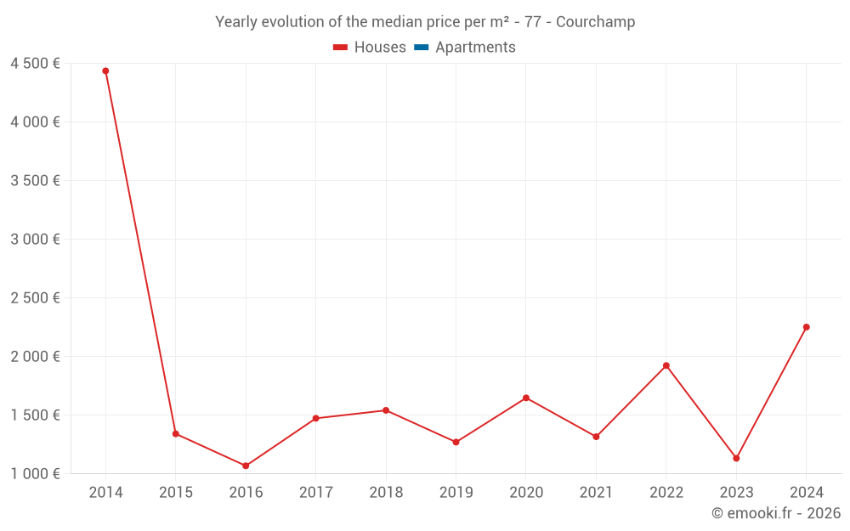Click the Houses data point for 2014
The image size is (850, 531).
tap(105, 71)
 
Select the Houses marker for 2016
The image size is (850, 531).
tap(246, 466)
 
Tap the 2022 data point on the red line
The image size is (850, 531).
tap(666, 365)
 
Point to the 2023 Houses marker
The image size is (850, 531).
tap(736, 458)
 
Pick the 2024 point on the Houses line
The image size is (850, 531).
tap(807, 327)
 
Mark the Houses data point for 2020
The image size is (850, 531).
tap(526, 398)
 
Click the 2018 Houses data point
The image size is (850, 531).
tap(386, 410)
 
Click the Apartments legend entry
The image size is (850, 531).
tap(475, 48)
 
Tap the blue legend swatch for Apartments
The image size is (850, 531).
tap(422, 48)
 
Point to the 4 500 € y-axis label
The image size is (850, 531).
tap(35, 64)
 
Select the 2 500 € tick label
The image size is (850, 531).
tap(35, 298)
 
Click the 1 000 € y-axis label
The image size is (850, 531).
tap(35, 474)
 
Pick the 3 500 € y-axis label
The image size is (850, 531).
tap(35, 181)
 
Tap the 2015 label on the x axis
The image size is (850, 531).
tap(176, 493)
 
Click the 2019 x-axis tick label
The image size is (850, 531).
tap(456, 493)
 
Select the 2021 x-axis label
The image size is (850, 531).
tap(596, 493)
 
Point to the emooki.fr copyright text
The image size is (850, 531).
tap(776, 513)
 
